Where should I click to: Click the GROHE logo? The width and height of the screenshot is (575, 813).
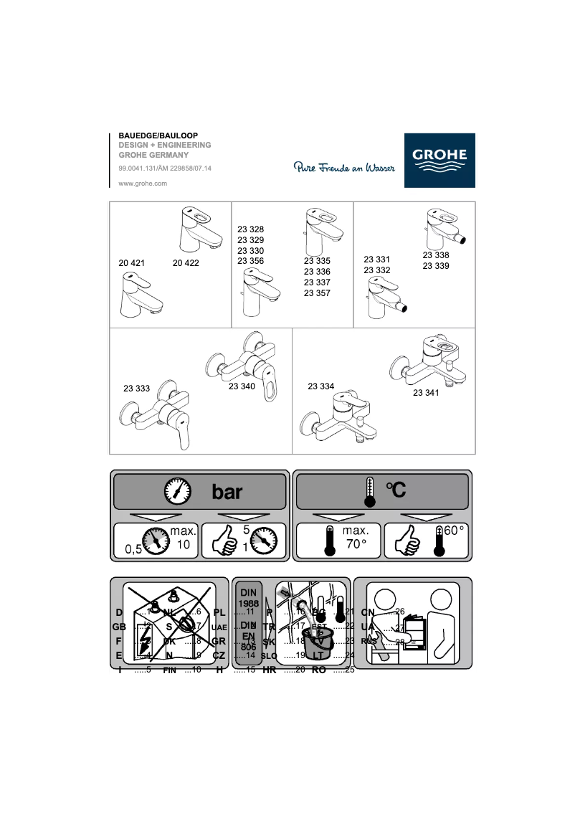point(439,161)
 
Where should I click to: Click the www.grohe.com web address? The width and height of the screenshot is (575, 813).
point(142,184)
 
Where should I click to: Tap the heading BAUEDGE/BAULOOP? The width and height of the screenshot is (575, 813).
point(158,135)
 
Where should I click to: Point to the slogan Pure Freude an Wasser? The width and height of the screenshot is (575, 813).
point(344,168)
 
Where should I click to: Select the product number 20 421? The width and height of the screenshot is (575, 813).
point(131,263)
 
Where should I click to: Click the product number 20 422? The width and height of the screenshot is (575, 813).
point(186,263)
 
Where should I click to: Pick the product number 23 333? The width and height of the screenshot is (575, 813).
point(136,389)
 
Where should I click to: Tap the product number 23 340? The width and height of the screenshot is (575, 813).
point(242,386)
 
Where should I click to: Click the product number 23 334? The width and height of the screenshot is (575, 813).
point(320,386)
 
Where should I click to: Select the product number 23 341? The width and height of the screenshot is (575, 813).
point(425,393)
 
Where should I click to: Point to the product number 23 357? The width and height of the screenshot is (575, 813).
point(317,293)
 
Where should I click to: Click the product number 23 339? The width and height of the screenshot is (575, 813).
point(436,266)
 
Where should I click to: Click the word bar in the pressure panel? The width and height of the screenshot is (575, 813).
point(227,492)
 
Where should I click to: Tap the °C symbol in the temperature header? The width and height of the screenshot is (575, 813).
point(396,490)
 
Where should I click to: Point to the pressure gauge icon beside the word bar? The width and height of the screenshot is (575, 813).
point(177,491)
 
